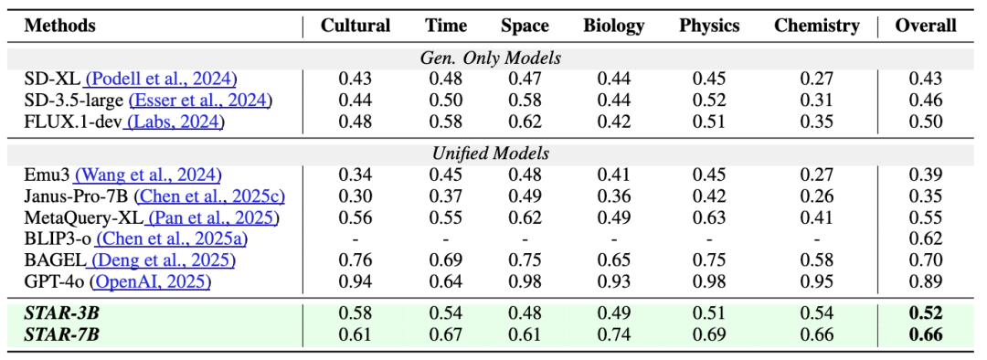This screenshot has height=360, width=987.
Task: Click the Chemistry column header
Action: tap(816, 26)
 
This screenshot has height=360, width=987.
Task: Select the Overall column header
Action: tap(925, 26)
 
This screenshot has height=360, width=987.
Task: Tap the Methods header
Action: tap(59, 26)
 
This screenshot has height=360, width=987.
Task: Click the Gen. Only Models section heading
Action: tap(491, 58)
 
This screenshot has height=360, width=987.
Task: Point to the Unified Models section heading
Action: tap(491, 154)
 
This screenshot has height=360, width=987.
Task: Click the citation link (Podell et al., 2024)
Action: tap(161, 79)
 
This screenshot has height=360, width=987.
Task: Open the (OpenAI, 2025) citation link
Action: tap(151, 281)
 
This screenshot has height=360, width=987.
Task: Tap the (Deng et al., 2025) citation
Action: tap(163, 259)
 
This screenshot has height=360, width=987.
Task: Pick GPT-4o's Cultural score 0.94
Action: tap(356, 281)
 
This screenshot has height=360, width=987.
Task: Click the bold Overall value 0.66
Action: tap(925, 334)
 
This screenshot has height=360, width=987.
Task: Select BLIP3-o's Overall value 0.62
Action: tap(925, 239)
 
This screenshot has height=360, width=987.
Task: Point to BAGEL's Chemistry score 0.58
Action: tap(816, 259)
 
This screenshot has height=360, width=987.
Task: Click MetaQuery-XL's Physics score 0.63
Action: tap(709, 217)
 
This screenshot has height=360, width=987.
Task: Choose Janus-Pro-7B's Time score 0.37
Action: tap(446, 196)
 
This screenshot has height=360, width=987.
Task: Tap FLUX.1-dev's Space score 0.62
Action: tap(525, 122)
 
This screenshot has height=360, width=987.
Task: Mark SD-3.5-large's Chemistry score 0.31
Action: tap(816, 101)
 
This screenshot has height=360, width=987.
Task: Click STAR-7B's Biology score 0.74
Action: tap(614, 334)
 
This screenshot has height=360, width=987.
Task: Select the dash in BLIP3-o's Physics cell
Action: tap(709, 239)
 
